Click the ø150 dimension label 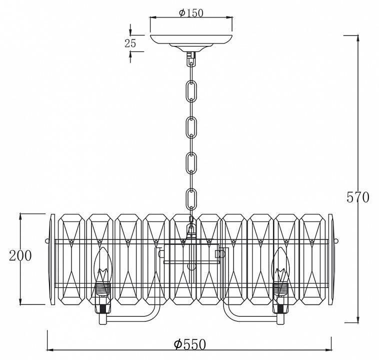191,13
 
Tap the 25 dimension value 130,43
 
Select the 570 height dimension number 357,197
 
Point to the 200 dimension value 20,255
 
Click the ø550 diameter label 190,344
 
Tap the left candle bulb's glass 102,265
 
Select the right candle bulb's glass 280,265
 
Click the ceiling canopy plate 191,39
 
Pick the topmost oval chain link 191,91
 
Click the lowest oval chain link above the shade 191,199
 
